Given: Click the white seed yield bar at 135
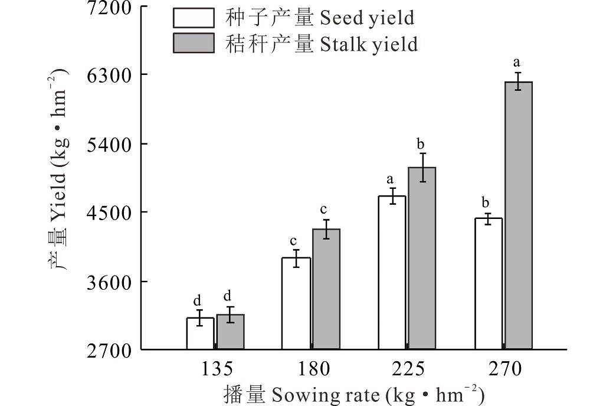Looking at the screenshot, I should coord(201,333).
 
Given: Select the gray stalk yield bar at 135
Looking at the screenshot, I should coord(230,332).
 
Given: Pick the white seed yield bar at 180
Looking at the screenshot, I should coord(296,303).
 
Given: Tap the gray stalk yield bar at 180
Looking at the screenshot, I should coord(326,289).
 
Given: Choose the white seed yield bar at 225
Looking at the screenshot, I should coord(392,273).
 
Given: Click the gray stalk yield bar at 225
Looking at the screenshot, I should coord(422,258).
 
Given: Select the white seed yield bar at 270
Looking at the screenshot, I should coord(489,284).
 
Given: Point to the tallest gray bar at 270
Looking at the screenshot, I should coord(519,215).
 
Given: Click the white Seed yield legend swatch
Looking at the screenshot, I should coord(193,18).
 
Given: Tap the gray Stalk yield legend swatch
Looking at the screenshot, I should coord(193,43).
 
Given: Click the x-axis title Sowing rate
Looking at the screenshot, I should coord(354,394).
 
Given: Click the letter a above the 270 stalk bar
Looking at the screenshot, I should coord(517,62).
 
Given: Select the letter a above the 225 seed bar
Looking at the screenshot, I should coord(389,179).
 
